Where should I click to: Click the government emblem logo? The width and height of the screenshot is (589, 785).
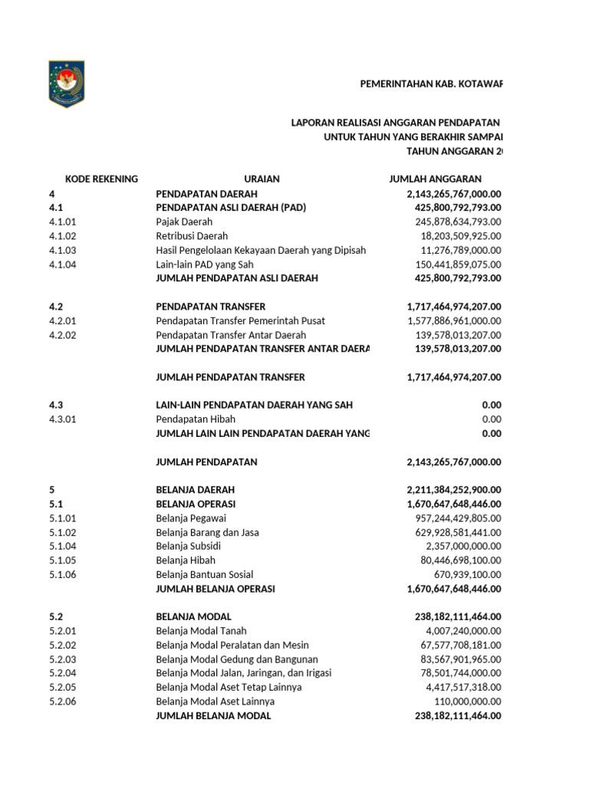[x=66, y=84]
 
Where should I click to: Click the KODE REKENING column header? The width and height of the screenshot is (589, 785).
[x=101, y=179]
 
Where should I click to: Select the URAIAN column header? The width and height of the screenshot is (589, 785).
[x=262, y=179]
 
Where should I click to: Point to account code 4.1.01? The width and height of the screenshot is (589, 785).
[x=64, y=222]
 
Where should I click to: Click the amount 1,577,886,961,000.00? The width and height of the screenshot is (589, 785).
[x=454, y=320]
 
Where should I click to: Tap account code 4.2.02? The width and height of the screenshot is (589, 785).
[x=64, y=335]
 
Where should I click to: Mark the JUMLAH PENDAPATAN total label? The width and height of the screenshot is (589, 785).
[x=206, y=461]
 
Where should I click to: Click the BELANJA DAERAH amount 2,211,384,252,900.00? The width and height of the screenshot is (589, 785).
[x=454, y=490]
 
